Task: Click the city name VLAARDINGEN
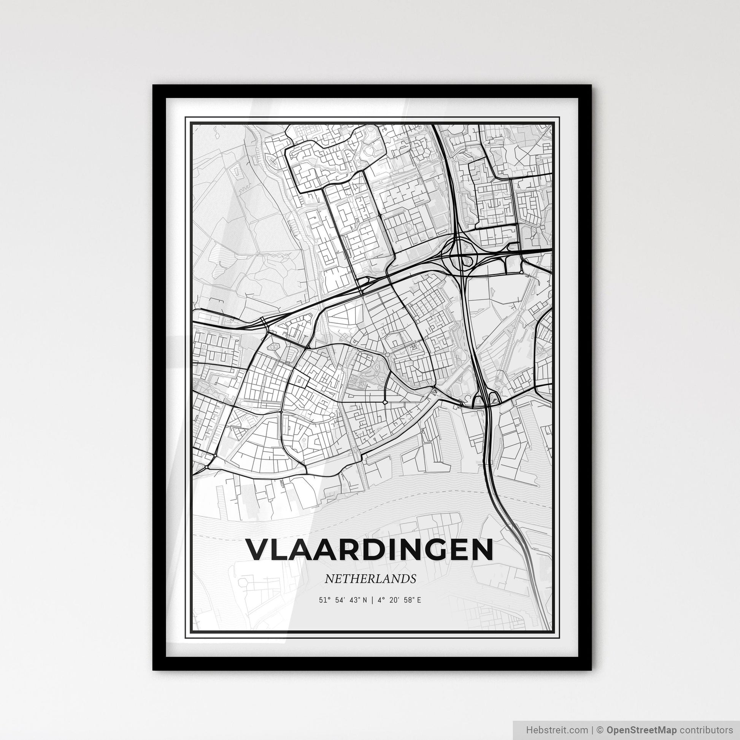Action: click(370, 550)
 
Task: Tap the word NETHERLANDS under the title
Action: click(370, 579)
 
